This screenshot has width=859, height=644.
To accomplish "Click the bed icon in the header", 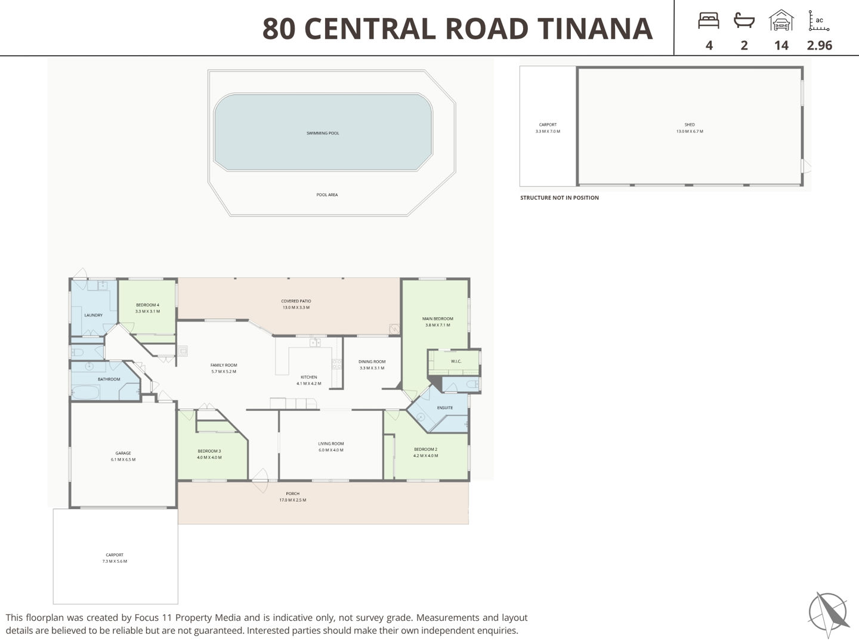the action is [x=708, y=20].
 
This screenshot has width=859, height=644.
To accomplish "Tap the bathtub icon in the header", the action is [x=743, y=20].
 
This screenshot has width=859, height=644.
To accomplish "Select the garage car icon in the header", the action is [x=781, y=20].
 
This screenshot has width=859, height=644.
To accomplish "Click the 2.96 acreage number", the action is [x=820, y=45].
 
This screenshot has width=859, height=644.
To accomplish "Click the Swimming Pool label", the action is [x=323, y=134].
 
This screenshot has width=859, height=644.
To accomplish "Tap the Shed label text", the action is [x=690, y=125].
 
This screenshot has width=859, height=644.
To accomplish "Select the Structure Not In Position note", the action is [x=559, y=198].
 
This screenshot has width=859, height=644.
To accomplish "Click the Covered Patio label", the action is [x=296, y=301].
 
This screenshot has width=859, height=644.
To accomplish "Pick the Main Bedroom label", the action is [x=437, y=318].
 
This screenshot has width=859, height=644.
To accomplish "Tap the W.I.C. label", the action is [x=456, y=361].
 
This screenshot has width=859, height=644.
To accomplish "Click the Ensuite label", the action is [x=444, y=408].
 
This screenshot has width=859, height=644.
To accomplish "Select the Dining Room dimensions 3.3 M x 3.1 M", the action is [x=372, y=368].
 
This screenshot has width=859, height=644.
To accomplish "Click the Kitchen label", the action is [x=309, y=377].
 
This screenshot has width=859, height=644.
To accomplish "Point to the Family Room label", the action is [x=224, y=365].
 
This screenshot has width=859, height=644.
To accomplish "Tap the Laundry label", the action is [x=93, y=315].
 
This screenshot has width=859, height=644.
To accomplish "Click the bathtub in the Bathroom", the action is [x=85, y=392].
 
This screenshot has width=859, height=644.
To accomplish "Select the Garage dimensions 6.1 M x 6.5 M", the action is [x=123, y=459].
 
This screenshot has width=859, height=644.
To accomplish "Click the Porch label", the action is [x=293, y=494].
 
